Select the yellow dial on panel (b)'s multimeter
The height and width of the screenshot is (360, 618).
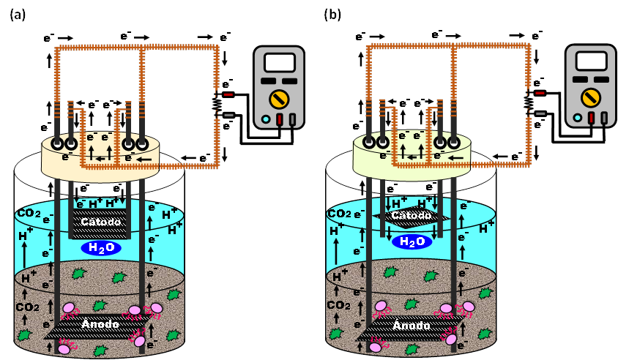point(590,98)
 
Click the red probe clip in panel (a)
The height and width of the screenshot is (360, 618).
point(228,94)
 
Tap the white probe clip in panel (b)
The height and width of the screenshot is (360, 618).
point(540,113)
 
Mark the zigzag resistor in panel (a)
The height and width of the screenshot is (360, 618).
point(217,104)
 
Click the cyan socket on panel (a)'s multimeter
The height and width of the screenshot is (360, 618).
point(265,119)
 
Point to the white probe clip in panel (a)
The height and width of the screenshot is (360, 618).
point(228,114)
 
